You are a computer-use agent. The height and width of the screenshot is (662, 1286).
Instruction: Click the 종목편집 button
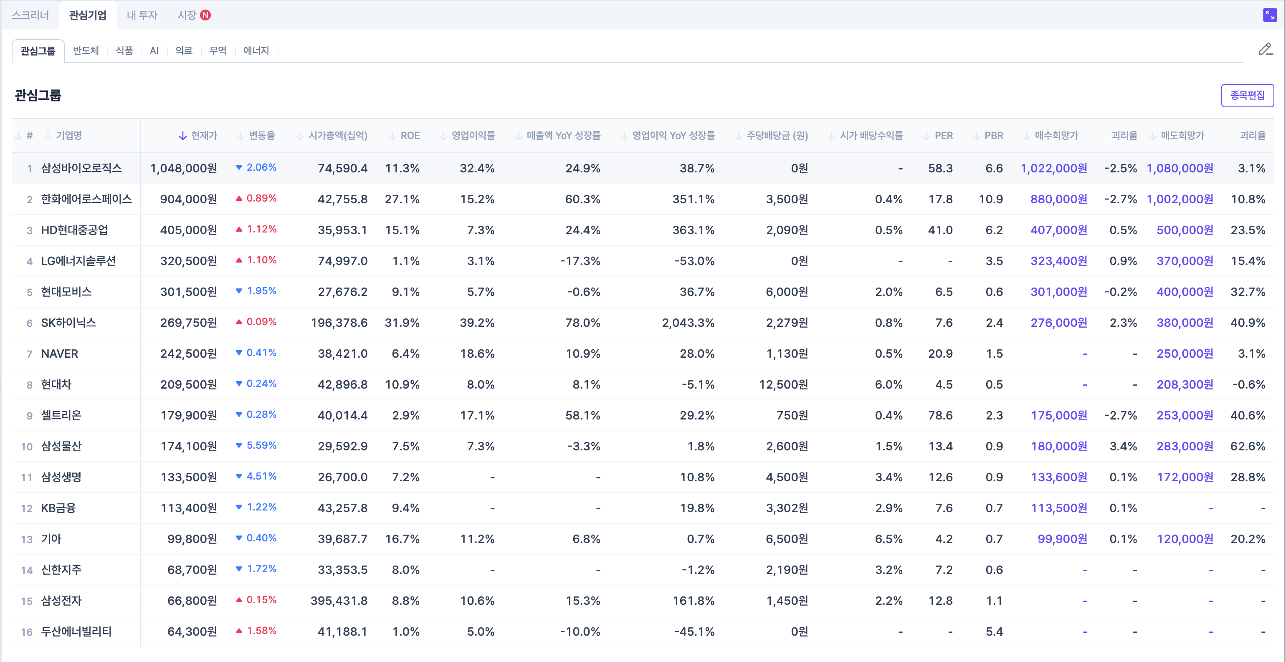[x=1247, y=95]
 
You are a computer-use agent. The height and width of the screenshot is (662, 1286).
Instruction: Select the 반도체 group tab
[x=86, y=51]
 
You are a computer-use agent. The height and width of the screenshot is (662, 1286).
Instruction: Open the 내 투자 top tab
[x=142, y=15]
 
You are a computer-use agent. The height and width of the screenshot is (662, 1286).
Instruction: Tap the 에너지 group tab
[x=256, y=51]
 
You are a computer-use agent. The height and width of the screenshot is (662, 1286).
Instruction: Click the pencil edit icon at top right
[x=1265, y=49]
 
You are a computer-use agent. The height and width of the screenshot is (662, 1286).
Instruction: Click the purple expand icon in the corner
[x=1270, y=15]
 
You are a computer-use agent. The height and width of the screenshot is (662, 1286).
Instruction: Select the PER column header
[x=943, y=135]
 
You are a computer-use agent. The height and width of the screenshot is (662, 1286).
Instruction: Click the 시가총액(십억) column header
[x=337, y=135]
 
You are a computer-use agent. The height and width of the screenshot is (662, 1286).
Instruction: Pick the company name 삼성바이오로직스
[x=81, y=168]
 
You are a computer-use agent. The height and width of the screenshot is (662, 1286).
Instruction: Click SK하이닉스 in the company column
[x=68, y=323]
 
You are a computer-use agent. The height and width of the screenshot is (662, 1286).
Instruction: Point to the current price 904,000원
[x=188, y=199]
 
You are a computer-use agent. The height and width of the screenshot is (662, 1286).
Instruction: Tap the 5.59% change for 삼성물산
[x=261, y=445]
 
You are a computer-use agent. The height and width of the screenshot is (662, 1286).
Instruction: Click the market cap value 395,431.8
[x=339, y=601]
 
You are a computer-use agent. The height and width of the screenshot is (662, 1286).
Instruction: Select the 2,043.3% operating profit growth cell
[x=688, y=323]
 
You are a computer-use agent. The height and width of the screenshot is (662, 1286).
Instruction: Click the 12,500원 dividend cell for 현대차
[x=783, y=384]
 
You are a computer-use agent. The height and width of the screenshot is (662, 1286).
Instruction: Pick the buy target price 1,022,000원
[x=1053, y=168]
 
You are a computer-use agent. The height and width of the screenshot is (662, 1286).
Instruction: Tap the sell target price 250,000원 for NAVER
[x=1185, y=354]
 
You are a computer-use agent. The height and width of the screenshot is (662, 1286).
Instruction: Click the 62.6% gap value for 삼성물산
[x=1248, y=446]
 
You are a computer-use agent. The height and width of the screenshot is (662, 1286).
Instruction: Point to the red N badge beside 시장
[x=205, y=15]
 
